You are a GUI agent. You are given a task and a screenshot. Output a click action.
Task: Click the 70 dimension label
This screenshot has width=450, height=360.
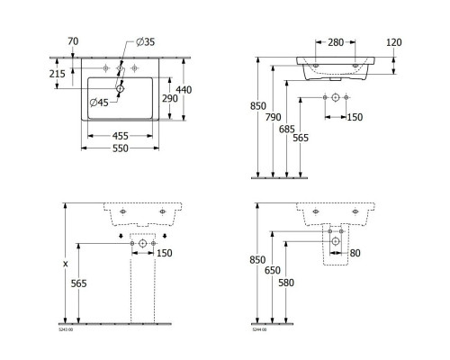[72, 40]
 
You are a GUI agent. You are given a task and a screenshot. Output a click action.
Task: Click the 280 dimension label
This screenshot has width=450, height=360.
[335, 41]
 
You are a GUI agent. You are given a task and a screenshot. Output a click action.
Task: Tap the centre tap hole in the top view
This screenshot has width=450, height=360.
[120, 67]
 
